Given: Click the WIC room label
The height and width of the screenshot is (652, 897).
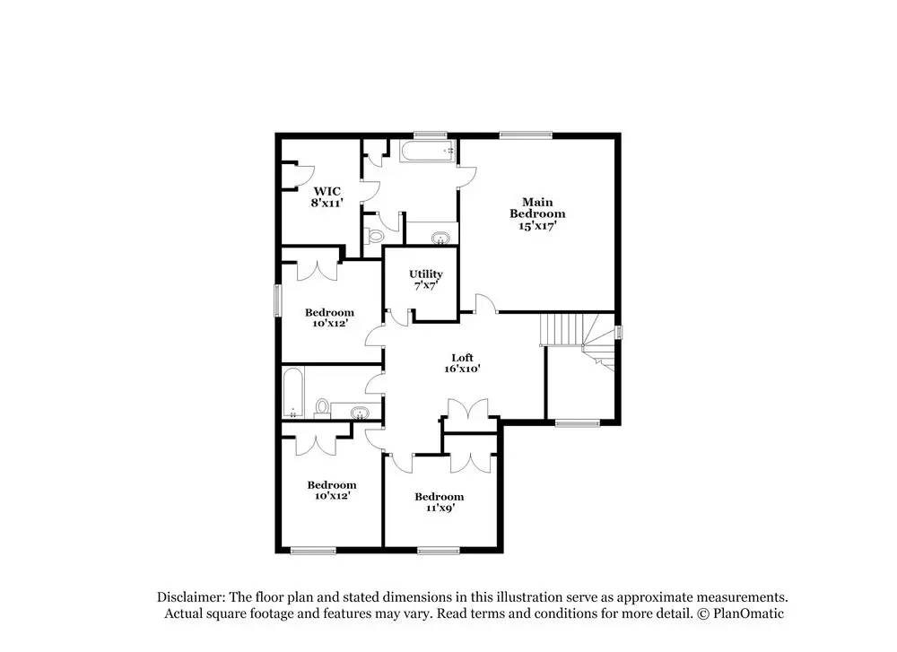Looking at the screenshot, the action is (x=327, y=192).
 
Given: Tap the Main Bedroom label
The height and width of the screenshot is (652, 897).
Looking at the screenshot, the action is (x=537, y=207).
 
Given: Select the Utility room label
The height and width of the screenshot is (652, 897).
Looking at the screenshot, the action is (x=425, y=274).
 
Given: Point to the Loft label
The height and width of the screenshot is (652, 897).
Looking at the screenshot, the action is (x=462, y=358).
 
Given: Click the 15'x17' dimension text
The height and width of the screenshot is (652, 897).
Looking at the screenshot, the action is (x=537, y=226).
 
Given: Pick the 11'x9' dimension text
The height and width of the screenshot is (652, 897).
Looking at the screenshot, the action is (x=440, y=508).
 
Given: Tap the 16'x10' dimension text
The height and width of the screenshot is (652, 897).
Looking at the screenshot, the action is (x=462, y=369).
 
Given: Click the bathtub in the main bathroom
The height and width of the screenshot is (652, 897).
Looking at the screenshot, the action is (x=427, y=152).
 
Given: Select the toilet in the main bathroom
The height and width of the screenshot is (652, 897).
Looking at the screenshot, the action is (x=374, y=235).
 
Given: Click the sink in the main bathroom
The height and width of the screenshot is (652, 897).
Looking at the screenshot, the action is (x=440, y=237).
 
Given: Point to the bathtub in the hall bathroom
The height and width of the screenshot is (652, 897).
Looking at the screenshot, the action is (x=292, y=392).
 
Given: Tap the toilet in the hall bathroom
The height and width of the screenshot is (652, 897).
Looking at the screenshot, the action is (x=322, y=409).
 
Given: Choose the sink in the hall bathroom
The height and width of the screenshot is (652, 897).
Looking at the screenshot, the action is (x=360, y=412).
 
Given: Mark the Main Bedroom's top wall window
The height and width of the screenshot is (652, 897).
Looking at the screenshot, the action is (x=526, y=135).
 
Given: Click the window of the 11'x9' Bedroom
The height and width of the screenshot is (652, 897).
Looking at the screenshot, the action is (x=439, y=551).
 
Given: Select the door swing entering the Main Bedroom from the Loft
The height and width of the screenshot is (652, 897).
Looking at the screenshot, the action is (x=486, y=303).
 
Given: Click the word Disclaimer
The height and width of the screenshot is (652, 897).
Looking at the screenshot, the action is (x=190, y=597).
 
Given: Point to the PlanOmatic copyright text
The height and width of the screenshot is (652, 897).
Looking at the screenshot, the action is (x=740, y=613).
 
